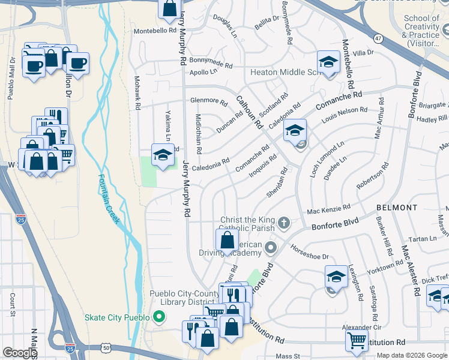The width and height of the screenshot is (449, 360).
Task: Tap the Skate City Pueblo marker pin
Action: tap(159, 316)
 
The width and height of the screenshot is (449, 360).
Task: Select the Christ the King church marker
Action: tap(284, 224)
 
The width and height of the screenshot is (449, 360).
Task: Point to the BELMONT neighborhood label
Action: tap(397, 208)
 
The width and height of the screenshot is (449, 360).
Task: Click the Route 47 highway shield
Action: tap(378, 38)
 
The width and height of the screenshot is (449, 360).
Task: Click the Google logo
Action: tap(19, 352)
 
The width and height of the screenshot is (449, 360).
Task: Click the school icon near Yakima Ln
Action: tap(162, 155)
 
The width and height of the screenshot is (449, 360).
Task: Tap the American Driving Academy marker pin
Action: tap(271, 247)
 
